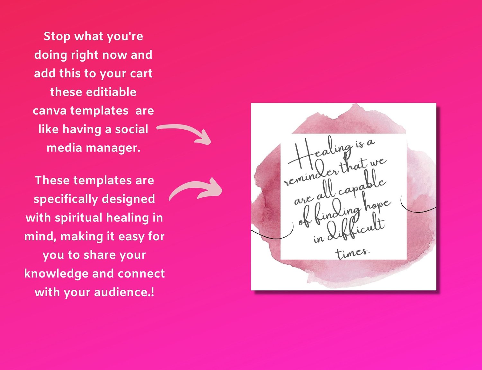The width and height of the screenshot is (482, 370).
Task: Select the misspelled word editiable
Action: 111,92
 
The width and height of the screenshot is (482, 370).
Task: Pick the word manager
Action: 113,148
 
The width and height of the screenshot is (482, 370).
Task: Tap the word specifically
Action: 66,199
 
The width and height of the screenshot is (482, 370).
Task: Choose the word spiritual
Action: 78,218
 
